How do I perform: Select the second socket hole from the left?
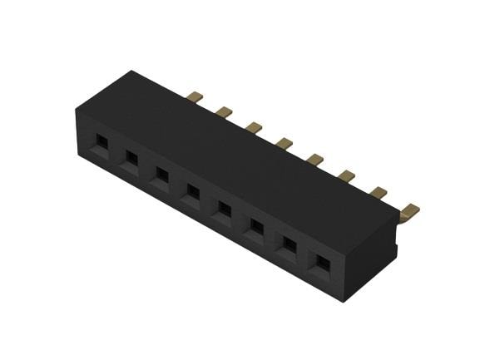131,158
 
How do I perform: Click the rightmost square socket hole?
319,264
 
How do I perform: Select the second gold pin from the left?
223,111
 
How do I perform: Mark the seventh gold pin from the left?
378,193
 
